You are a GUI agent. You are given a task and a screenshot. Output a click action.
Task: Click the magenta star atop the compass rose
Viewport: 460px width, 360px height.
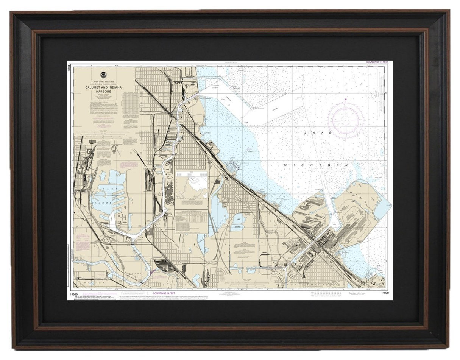(345, 100)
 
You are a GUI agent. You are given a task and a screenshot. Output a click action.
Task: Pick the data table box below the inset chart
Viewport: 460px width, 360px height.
(191, 221)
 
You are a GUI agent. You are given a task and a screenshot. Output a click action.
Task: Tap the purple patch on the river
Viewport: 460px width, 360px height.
(153, 271)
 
